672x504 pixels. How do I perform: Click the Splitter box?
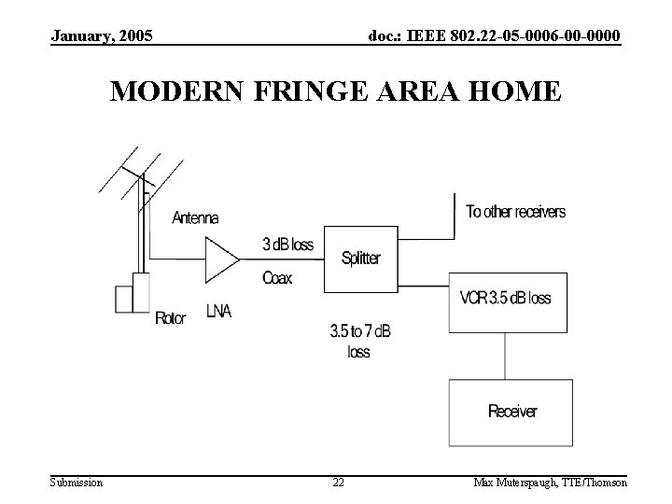[x=359, y=259]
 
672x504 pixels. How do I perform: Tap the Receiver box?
[x=512, y=411]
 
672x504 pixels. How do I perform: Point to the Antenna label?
[x=195, y=218]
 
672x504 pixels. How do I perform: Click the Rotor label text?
[x=170, y=318]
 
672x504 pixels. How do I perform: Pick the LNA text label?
[x=218, y=313]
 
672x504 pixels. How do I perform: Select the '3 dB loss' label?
[x=287, y=245]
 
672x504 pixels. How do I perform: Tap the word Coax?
[x=277, y=278]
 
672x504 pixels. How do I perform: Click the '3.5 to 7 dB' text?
[x=360, y=330]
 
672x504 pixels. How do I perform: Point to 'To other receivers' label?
[x=515, y=212]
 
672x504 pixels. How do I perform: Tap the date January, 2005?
[x=103, y=36]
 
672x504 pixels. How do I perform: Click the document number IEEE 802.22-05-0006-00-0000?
[x=494, y=36]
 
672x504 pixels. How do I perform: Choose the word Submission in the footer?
[x=77, y=483]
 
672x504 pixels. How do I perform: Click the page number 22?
[x=338, y=483]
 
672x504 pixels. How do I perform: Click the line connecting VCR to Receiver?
[x=506, y=356]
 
